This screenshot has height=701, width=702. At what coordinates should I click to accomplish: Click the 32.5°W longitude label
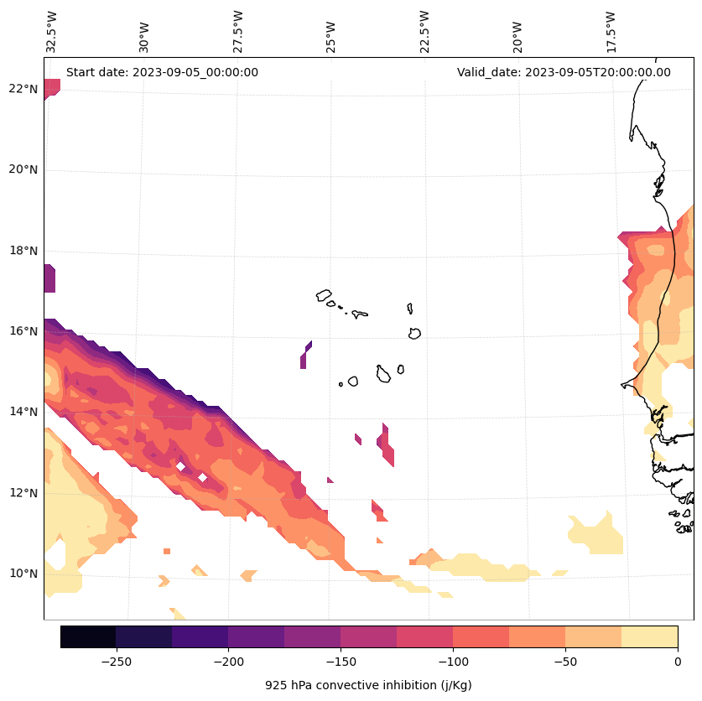(x=52, y=32)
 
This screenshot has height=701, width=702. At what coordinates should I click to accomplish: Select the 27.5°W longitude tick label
(x=238, y=32)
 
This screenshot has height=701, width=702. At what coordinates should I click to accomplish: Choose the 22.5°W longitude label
(x=424, y=32)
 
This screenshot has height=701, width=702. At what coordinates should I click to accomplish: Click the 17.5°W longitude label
(x=611, y=32)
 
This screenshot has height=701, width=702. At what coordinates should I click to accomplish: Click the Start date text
(x=162, y=72)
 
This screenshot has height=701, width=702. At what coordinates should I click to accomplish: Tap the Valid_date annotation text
(x=564, y=72)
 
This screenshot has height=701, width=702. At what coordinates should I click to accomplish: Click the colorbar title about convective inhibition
(x=368, y=685)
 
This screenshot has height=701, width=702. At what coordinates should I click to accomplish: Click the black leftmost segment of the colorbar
(x=88, y=636)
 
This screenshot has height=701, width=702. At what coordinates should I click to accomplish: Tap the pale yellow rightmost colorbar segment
(x=649, y=636)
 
